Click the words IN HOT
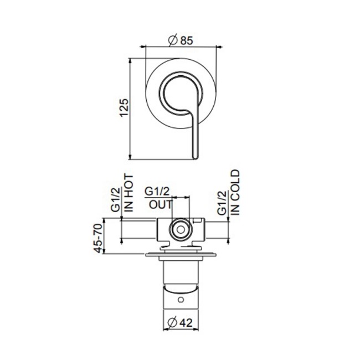[129, 192]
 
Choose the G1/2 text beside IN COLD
[222, 203]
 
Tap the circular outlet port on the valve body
[179, 229]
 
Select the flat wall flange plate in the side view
[179, 255]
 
